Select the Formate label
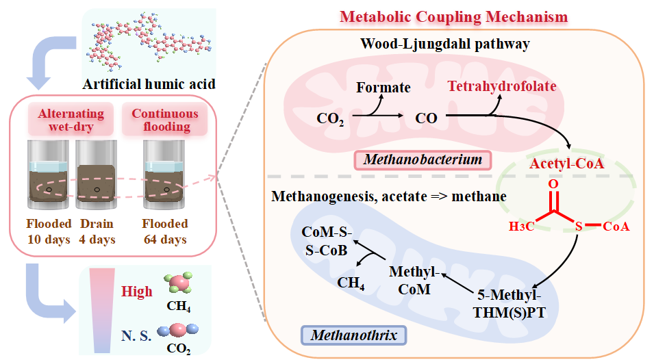(x=383, y=88)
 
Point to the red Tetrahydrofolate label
(x=501, y=87)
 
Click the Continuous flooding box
(x=165, y=120)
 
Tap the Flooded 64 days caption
(x=164, y=231)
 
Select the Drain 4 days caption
(x=97, y=231)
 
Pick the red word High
(x=137, y=292)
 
